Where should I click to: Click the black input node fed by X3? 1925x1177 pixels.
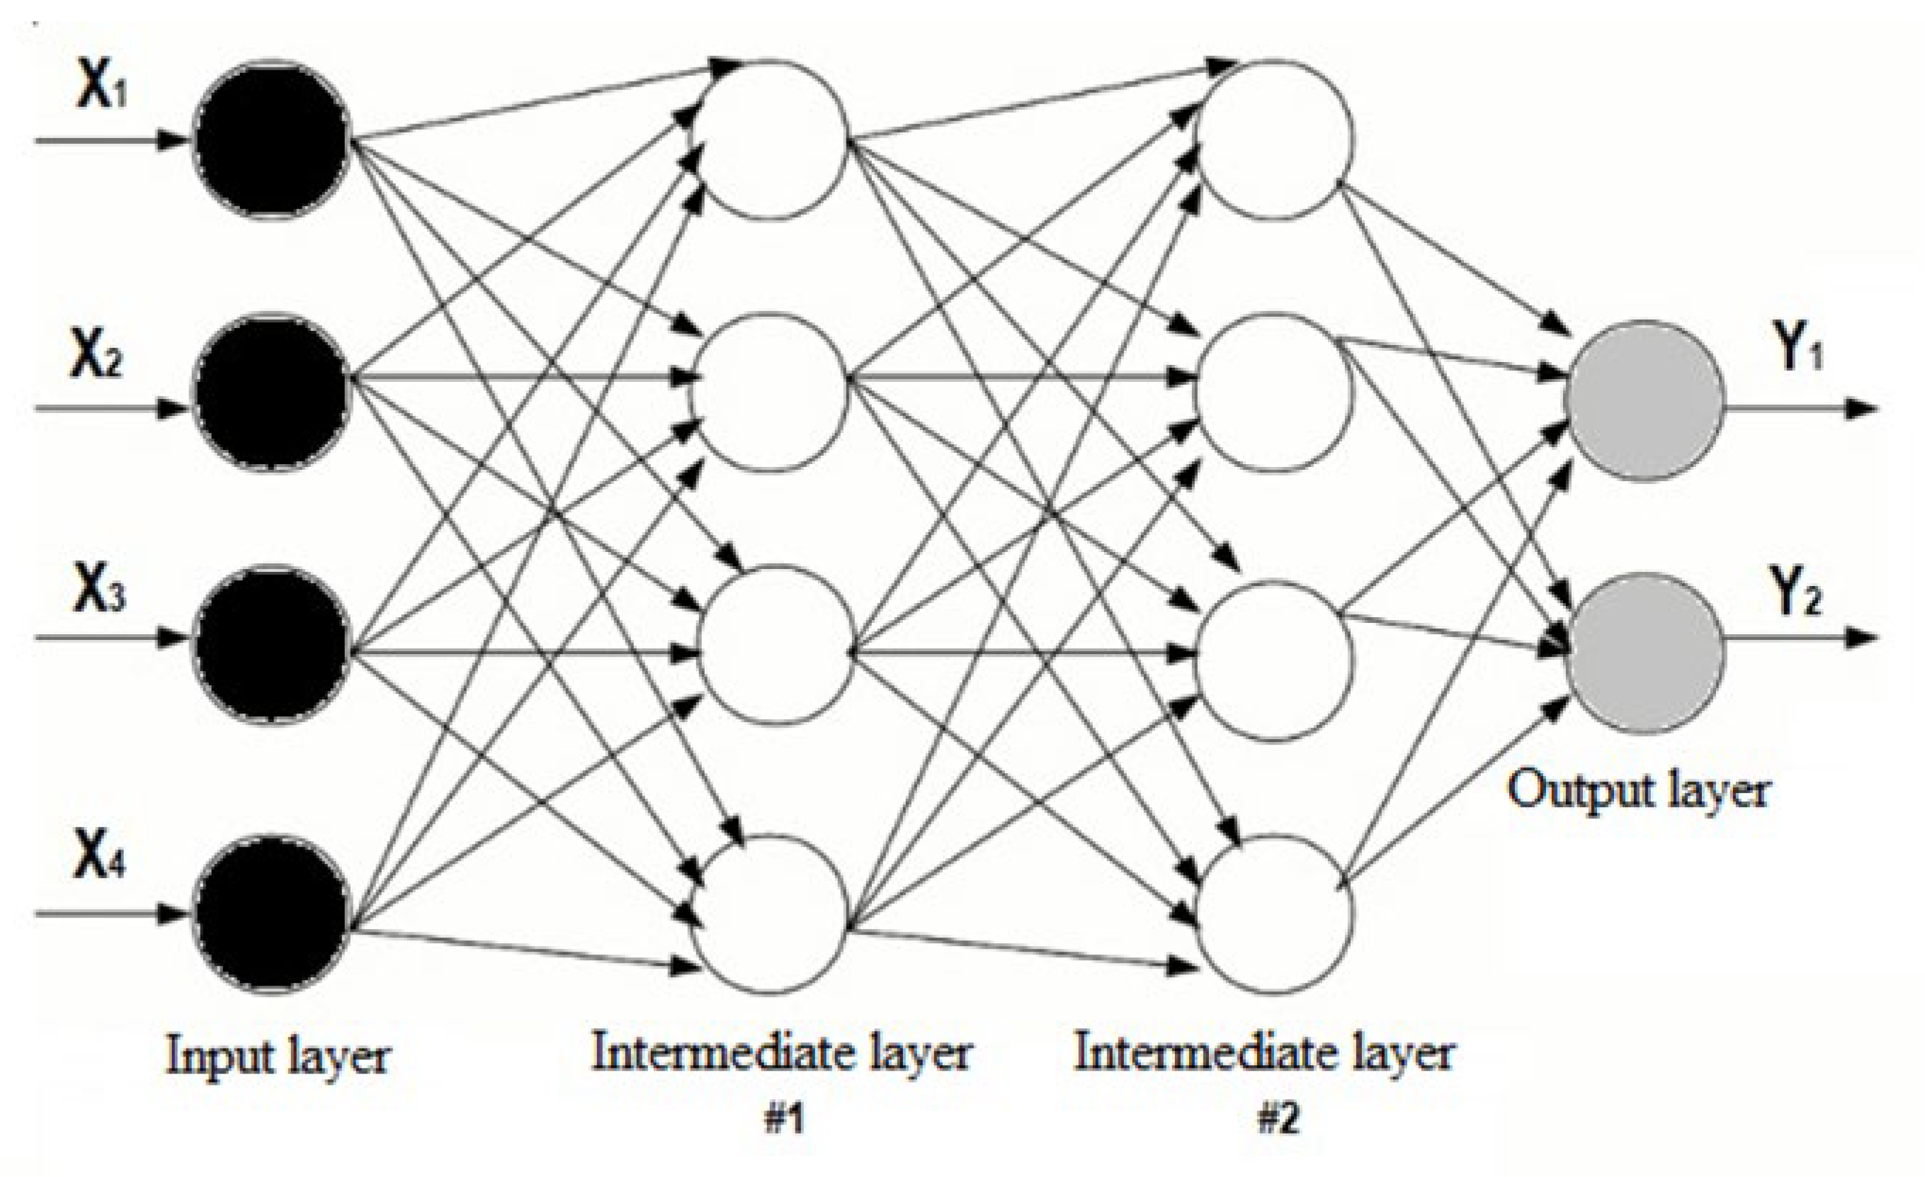pyautogui.click(x=271, y=645)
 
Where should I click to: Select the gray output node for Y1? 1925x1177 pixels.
pyautogui.click(x=1643, y=401)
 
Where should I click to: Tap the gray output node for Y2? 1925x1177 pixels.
pyautogui.click(x=1643, y=653)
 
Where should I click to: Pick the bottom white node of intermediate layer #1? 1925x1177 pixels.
pyautogui.click(x=771, y=914)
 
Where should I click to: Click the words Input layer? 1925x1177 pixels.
pyautogui.click(x=278, y=1057)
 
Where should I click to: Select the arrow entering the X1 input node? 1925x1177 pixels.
pyautogui.click(x=109, y=141)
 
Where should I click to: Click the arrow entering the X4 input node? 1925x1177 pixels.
pyautogui.click(x=109, y=913)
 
